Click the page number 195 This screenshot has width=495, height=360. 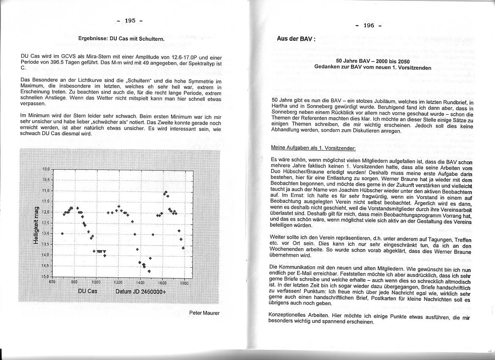[x=130, y=20]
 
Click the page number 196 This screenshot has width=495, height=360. [x=369, y=25]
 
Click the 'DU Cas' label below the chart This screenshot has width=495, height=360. [x=88, y=291]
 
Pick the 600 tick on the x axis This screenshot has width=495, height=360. [x=53, y=282]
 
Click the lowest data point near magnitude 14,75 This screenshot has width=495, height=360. [x=149, y=271]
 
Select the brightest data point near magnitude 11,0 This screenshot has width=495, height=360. [x=166, y=193]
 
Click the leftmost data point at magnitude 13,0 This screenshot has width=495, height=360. [x=62, y=233]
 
